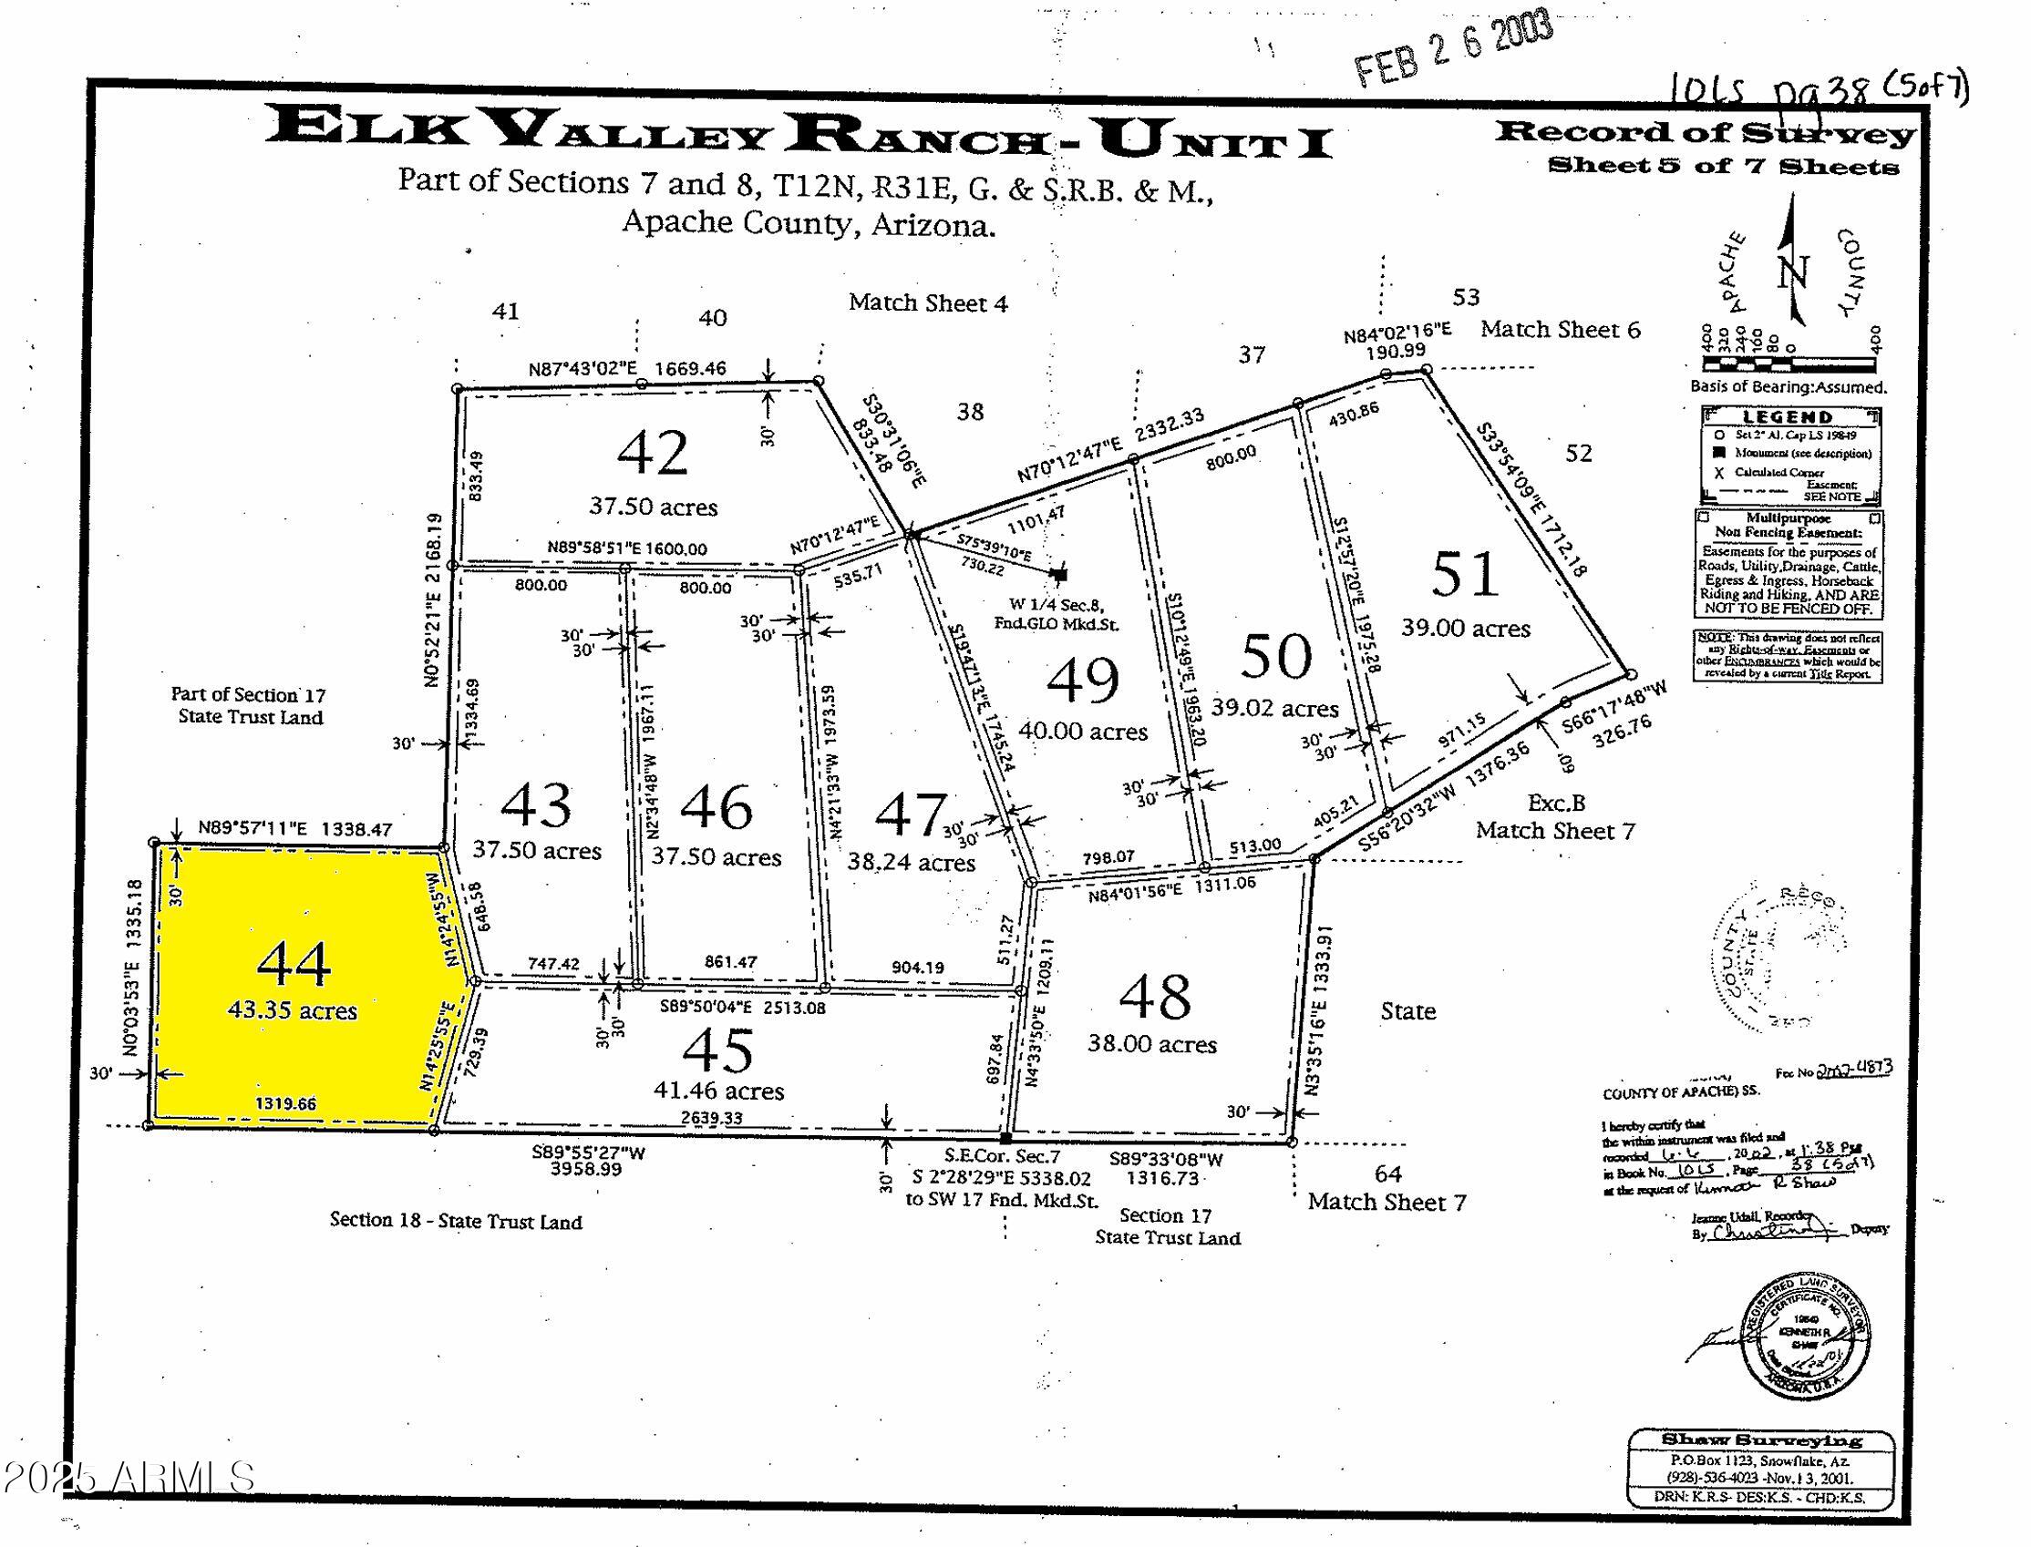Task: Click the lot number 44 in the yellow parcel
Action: point(294,964)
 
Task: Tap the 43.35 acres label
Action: point(293,1010)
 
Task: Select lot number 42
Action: point(653,453)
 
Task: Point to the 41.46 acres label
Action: point(718,1091)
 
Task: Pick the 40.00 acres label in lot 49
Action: point(1083,732)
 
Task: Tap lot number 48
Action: point(1156,997)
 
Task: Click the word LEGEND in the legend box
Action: point(1788,417)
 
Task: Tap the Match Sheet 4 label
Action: point(929,303)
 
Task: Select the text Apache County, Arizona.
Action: point(809,223)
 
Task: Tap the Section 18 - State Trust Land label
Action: point(456,1222)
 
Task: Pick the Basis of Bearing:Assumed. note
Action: point(1788,386)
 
